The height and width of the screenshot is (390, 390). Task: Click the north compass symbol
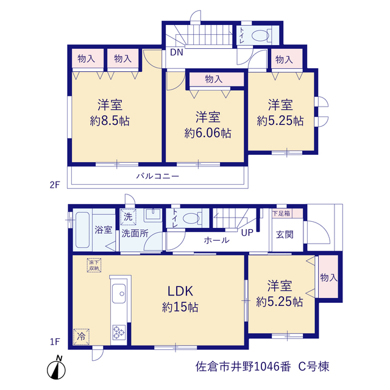tap(56, 368)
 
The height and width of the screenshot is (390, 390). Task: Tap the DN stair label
tap(177, 52)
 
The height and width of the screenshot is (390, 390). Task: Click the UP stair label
tap(247, 233)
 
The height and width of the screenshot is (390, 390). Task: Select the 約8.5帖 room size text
tap(110, 121)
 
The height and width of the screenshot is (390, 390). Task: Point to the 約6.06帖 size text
tap(208, 133)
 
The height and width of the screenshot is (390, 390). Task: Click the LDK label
tap(180, 291)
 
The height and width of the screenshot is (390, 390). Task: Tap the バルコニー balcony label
tap(158, 176)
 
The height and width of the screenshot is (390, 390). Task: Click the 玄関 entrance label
tap(285, 234)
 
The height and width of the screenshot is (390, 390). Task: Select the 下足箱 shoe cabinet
tap(288, 213)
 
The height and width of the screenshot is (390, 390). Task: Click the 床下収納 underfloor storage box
tap(94, 265)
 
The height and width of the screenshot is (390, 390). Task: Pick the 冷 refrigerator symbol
tap(81, 337)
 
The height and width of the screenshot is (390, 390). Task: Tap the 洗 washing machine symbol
tap(128, 217)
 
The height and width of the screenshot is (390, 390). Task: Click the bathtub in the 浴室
tap(83, 230)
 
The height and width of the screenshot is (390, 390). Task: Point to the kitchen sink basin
tap(119, 294)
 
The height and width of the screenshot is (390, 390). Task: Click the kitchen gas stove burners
tap(119, 332)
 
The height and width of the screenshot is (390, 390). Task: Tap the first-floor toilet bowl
tap(191, 218)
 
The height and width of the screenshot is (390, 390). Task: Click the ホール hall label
tap(217, 240)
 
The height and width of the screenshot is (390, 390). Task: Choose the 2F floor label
tap(55, 185)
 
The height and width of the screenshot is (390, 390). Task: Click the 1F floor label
tap(55, 342)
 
